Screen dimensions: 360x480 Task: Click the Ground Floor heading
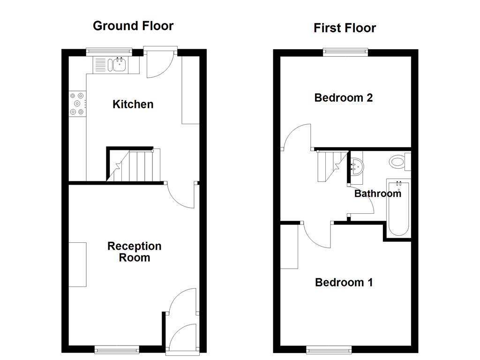133,26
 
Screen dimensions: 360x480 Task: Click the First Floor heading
345,28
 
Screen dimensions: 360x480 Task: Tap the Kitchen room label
133,104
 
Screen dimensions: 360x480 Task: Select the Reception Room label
134,252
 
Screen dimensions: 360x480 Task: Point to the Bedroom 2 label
344,98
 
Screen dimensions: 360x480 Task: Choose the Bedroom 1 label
344,283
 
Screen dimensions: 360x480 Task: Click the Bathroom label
377,194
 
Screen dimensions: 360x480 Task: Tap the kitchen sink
118,64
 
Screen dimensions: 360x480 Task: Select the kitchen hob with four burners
77,104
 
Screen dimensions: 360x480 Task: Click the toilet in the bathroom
398,162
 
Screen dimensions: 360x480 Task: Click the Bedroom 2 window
345,52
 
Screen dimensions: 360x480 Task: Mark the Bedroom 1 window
329,349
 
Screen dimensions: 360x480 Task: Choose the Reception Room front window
117,349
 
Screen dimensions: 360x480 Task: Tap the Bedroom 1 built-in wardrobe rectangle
289,247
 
